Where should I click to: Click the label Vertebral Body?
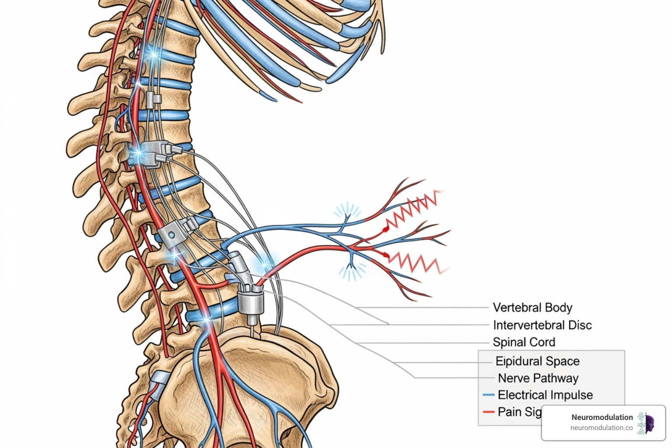532,308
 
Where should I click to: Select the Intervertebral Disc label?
542,325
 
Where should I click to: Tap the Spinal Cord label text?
524,342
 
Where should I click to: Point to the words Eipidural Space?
537,361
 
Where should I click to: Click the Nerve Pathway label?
538,378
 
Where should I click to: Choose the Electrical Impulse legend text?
545,395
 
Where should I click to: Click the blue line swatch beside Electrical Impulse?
488,395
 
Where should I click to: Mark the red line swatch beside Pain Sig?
488,412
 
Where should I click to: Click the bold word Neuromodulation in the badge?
602,417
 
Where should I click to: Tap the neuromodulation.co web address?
601,428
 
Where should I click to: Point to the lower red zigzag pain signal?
416,262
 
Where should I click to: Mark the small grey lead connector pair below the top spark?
154,99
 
